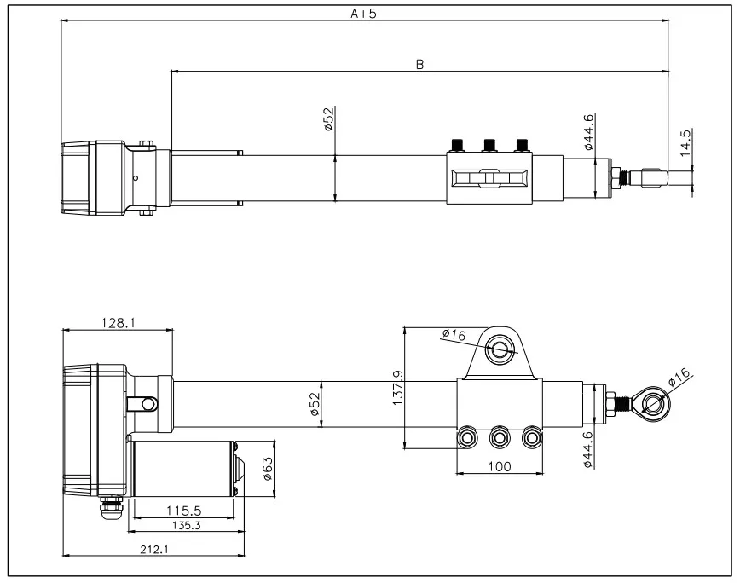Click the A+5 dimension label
click(363, 14)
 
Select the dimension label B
click(419, 64)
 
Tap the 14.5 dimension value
click(685, 142)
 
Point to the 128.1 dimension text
click(118, 323)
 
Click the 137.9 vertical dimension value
click(397, 388)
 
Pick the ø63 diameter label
click(267, 468)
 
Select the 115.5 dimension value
click(183, 511)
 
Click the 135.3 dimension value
click(187, 525)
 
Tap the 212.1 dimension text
click(154, 549)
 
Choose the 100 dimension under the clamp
click(500, 466)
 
